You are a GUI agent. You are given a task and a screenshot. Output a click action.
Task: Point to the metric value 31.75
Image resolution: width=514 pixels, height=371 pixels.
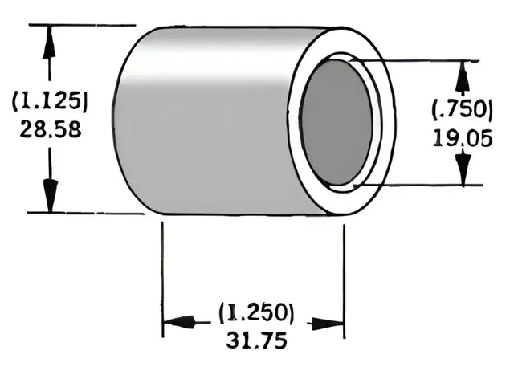(x=255, y=340)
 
